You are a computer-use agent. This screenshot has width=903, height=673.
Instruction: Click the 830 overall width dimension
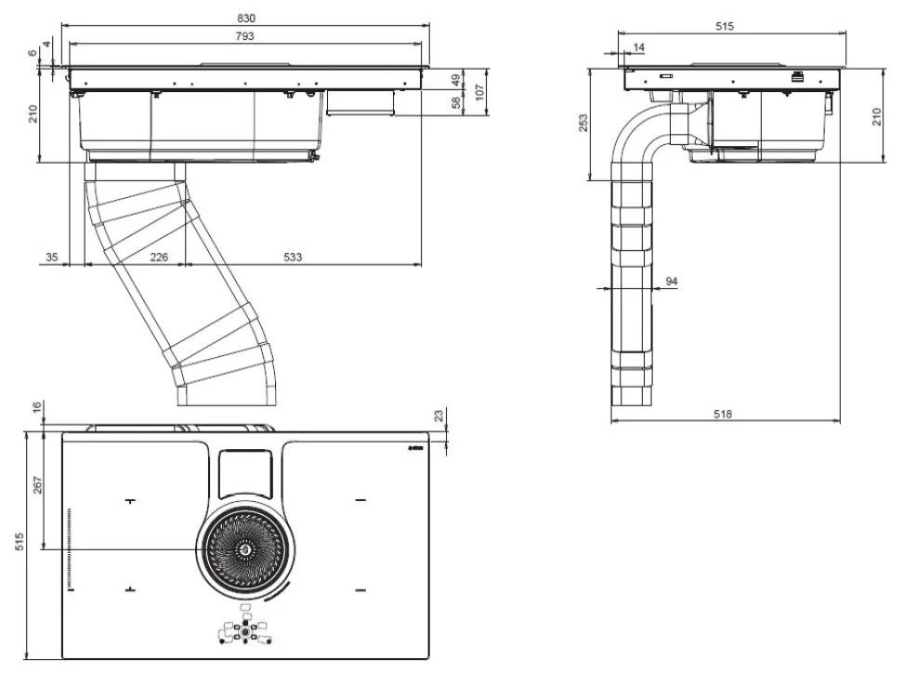coord(246,18)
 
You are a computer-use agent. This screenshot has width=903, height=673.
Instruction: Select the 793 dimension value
coord(246,36)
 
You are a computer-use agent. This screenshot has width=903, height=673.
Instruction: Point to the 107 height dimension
coord(481,91)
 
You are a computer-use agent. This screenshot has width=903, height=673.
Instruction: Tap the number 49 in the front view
coord(456,79)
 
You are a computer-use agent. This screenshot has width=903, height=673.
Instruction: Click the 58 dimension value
coord(456,101)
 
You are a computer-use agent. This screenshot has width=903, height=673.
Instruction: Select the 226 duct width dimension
coord(159,257)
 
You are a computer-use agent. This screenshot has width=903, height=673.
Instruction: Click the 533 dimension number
coord(294,257)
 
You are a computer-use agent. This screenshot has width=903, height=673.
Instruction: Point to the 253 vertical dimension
coord(584,124)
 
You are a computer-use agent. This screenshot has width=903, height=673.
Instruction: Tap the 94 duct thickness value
coord(672,280)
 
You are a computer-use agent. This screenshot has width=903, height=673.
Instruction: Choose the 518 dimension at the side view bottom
coord(726,414)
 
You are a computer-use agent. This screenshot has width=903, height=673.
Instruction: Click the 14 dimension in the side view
coord(638,46)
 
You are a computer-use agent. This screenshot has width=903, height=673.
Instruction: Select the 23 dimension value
coord(439,415)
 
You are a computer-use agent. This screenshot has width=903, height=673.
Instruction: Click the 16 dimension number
coord(36,407)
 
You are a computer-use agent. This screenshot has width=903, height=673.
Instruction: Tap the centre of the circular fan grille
coord(244,551)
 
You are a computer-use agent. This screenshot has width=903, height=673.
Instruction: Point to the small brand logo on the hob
coord(415,450)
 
